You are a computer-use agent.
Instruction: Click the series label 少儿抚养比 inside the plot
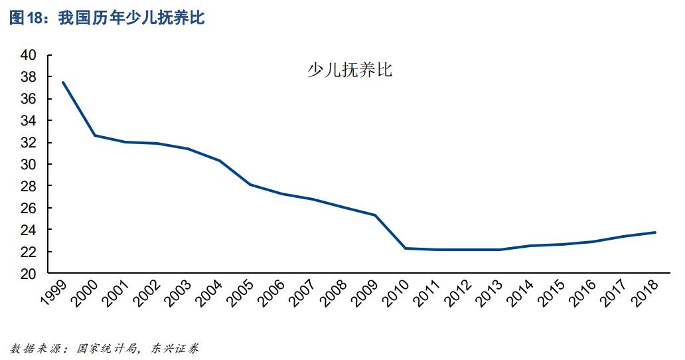pyautogui.click(x=349, y=70)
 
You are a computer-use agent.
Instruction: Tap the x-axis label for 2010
pyautogui.click(x=397, y=293)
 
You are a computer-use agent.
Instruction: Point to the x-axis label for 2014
pyautogui.click(x=522, y=293)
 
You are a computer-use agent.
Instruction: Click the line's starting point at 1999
pyautogui.click(x=63, y=82)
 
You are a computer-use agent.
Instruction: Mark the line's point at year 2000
pyautogui.click(x=94, y=135)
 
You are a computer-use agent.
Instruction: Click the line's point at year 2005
pyautogui.click(x=250, y=184)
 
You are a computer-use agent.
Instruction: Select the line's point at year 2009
pyautogui.click(x=375, y=215)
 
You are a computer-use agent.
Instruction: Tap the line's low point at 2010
pyautogui.click(x=406, y=248)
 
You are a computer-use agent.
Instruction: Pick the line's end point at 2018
pyautogui.click(x=655, y=232)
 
